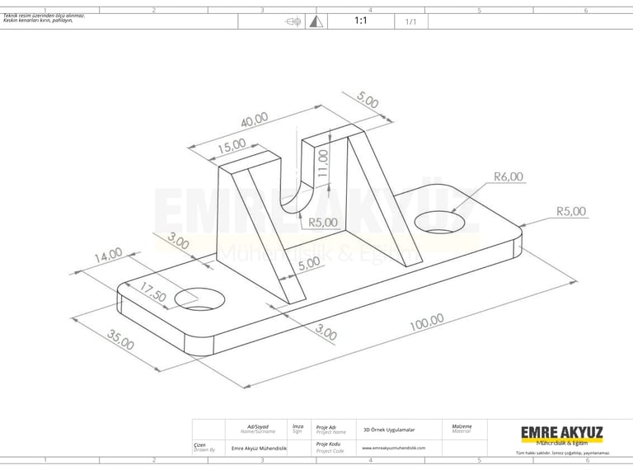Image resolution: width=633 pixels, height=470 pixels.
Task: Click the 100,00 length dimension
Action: point(424,323)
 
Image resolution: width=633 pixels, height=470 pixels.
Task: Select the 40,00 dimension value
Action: point(254,120)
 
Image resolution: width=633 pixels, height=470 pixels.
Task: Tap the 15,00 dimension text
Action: point(232,145)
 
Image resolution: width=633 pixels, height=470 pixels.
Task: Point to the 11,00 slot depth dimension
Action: point(323,164)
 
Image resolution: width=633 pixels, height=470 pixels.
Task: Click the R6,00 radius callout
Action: point(508,176)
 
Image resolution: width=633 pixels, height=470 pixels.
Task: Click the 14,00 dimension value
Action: point(108,256)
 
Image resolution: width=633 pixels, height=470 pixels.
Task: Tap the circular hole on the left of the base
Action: point(199,298)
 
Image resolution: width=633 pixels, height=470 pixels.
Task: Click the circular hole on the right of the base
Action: point(438,221)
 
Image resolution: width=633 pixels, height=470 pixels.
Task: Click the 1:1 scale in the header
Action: point(361,21)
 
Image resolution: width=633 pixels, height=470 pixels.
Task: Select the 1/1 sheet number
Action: point(410,22)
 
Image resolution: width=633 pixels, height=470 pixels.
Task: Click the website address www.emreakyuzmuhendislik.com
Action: point(393,448)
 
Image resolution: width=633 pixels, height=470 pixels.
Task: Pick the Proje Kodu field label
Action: point(328,446)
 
